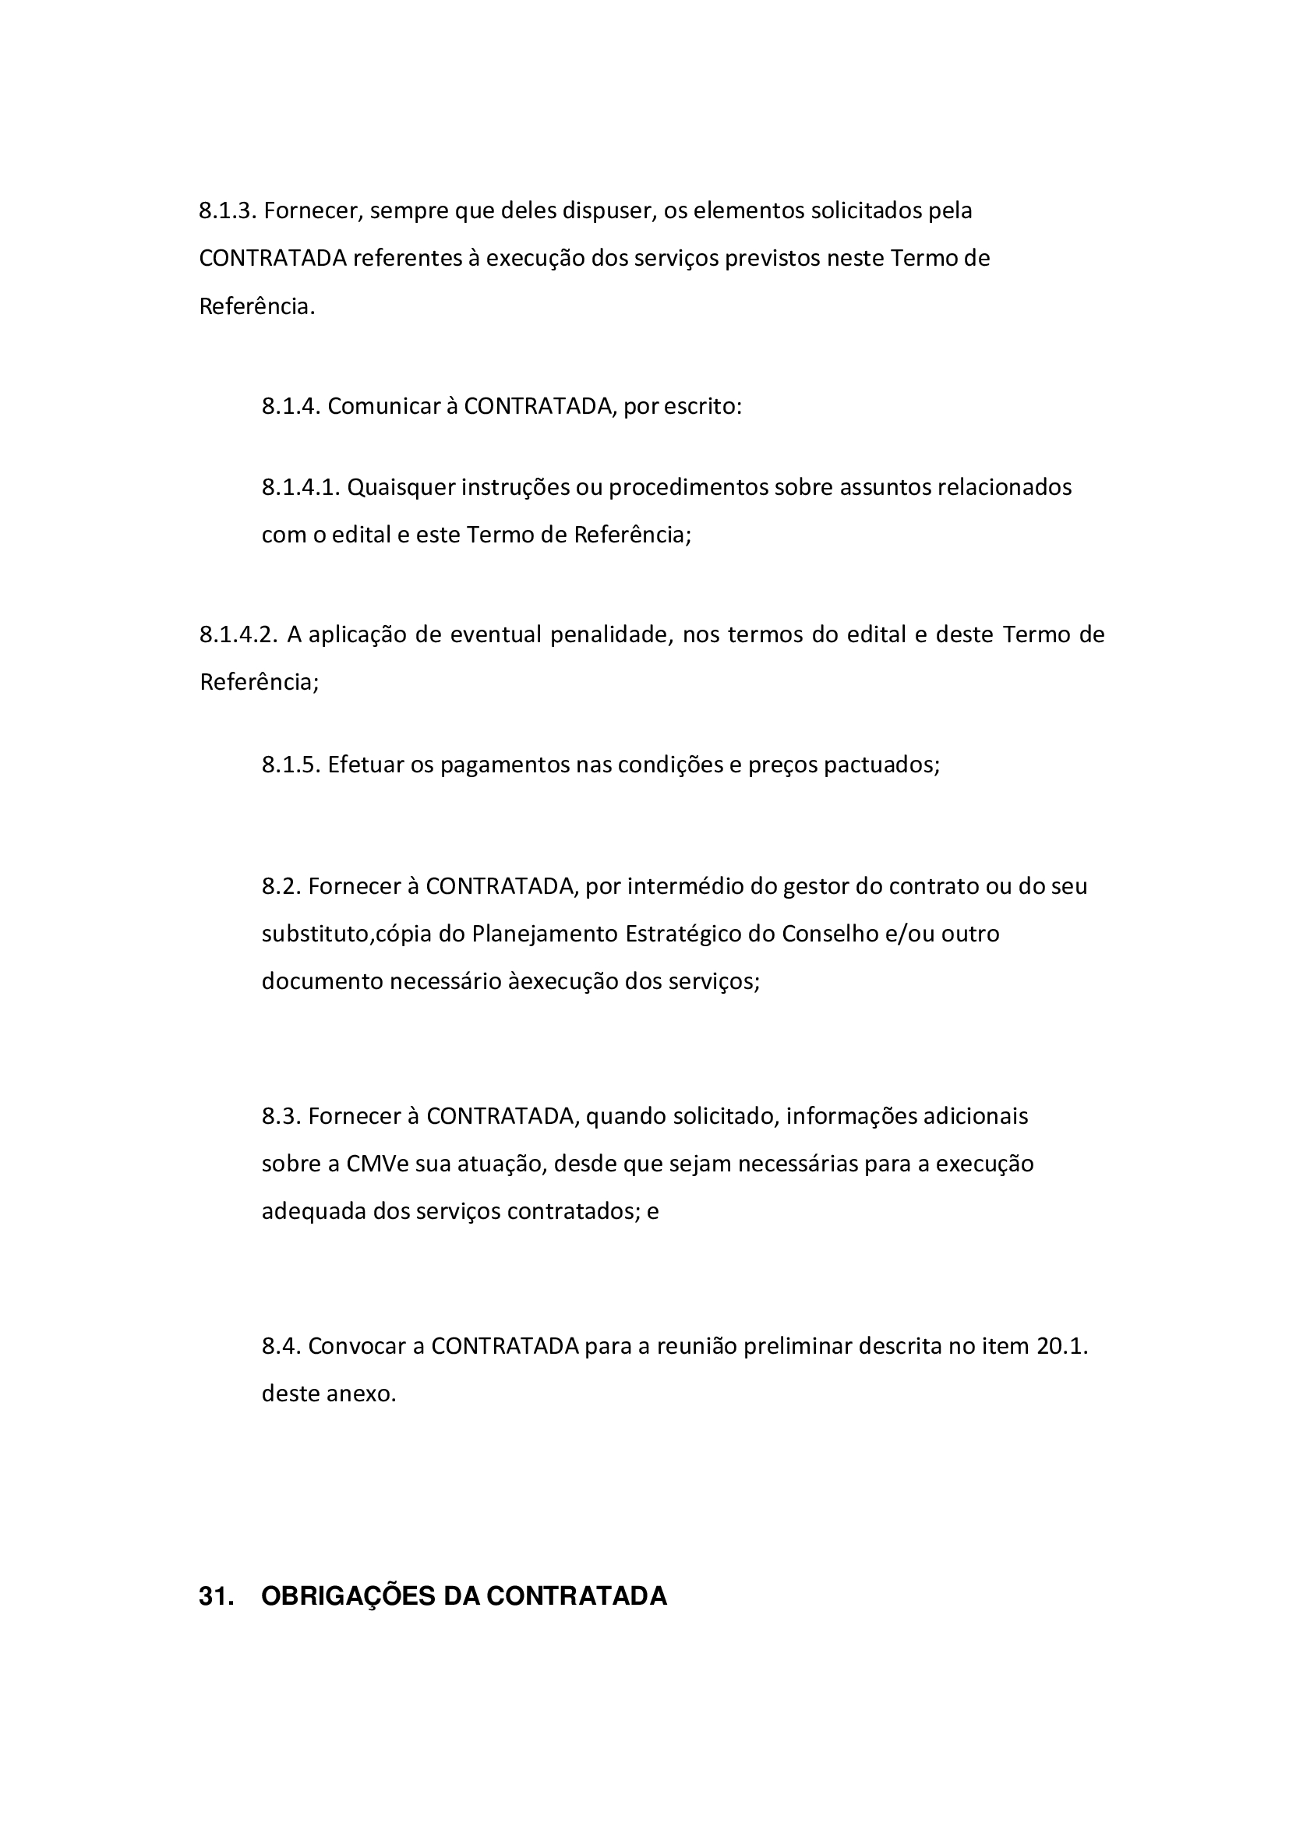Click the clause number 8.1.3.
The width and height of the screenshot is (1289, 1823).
tap(226, 211)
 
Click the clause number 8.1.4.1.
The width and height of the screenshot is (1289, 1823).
tap(300, 486)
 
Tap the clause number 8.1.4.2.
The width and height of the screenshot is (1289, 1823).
tap(238, 634)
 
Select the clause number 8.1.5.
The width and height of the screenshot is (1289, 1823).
tap(290, 765)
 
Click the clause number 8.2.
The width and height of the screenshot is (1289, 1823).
tap(281, 885)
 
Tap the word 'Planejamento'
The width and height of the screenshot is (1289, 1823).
tap(545, 933)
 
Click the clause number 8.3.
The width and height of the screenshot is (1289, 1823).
tap(281, 1116)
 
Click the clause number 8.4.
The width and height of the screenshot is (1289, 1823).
tap(281, 1347)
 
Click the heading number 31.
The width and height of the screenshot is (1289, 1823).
tap(216, 1597)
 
